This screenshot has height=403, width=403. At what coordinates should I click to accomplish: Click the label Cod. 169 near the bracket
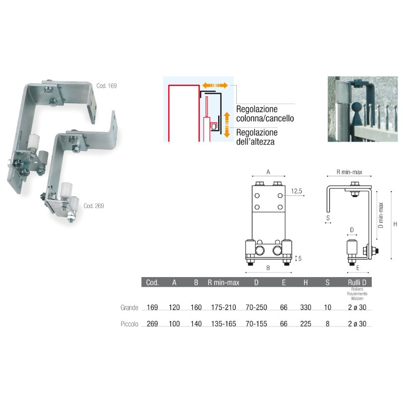tap(106, 86)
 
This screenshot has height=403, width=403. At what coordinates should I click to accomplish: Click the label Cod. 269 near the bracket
tap(94, 206)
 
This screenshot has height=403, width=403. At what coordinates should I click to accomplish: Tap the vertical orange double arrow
tap(227, 124)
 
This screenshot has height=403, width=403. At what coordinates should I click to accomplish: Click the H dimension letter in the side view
tap(395, 224)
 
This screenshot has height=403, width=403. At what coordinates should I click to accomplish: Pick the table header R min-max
tap(223, 283)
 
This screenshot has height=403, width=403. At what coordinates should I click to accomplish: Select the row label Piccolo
tap(129, 323)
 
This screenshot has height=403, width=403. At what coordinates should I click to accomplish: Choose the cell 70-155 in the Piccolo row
tap(256, 323)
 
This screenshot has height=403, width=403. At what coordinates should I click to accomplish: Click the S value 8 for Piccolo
tap(327, 323)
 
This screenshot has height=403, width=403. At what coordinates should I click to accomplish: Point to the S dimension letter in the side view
tap(327, 218)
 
